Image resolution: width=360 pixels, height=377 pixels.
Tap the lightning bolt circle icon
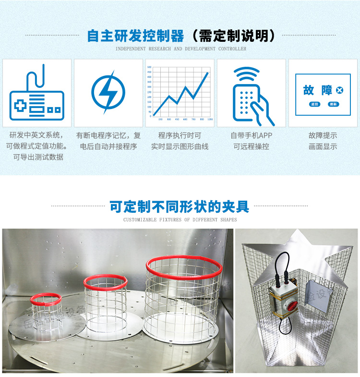coord(108,91)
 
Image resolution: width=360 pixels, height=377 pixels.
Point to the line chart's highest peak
coord(208,73)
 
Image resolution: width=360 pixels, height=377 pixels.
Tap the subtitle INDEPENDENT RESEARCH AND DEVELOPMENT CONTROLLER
coord(181,49)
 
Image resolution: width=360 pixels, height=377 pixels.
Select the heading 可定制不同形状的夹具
coord(180,207)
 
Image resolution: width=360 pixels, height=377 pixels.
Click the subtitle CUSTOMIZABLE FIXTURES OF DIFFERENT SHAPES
coord(180,219)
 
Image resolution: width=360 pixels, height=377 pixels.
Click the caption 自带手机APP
coord(251,135)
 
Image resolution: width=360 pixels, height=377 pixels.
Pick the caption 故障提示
coord(323,135)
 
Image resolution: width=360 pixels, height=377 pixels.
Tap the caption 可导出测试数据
coord(38,157)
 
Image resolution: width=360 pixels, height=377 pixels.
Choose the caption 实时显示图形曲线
coord(180,146)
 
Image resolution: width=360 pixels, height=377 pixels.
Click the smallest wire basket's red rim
coord(46,298)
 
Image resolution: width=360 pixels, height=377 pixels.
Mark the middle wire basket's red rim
coord(106,280)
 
